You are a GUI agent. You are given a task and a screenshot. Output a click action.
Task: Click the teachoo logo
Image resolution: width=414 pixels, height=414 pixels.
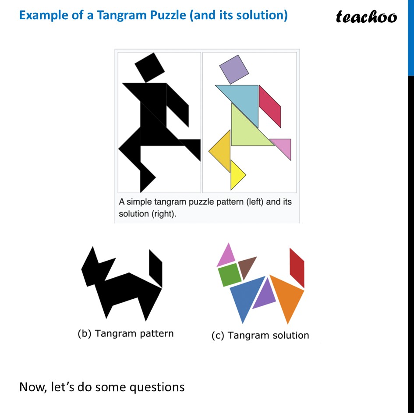(x=366, y=17)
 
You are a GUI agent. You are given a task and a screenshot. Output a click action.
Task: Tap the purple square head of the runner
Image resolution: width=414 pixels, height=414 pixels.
(x=234, y=69)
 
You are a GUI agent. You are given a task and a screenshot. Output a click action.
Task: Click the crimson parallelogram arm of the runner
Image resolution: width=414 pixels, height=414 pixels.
(x=269, y=106)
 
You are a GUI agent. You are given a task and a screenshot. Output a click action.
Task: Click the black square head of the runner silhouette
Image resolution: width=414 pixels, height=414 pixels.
(x=149, y=67)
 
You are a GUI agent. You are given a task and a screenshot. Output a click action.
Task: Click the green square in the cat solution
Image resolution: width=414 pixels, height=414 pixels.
(x=230, y=274)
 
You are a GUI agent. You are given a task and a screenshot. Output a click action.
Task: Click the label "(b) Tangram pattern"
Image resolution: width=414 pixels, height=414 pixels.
(x=125, y=333)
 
